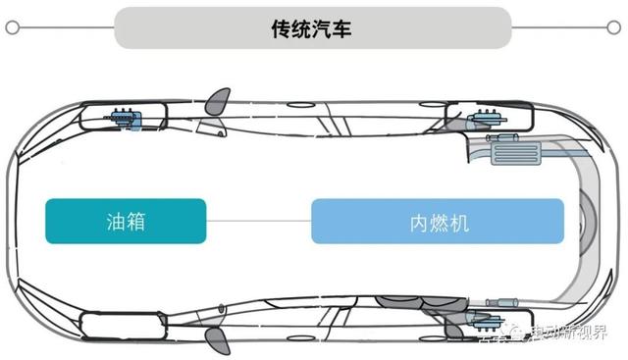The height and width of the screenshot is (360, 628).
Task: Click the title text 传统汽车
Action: pos(312,28)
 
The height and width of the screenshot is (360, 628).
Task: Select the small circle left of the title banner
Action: pos(11,28)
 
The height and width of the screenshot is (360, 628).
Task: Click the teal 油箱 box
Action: pos(126,221)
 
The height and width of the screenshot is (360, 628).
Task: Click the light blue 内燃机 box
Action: pos(438,221)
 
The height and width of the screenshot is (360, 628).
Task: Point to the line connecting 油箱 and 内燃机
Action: pos(259,221)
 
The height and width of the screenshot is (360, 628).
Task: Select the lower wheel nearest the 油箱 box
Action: pos(116,324)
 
